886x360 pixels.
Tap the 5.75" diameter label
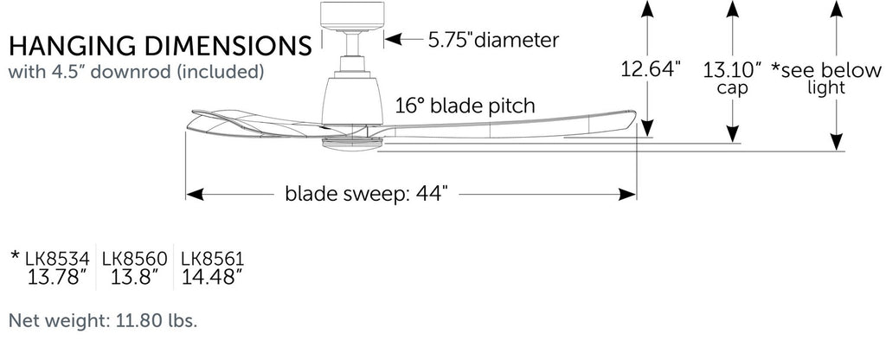tap(494, 39)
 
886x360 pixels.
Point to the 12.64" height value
tap(652, 68)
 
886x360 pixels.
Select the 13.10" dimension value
tap(732, 69)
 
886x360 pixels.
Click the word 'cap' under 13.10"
tap(732, 88)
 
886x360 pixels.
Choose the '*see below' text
tap(825, 69)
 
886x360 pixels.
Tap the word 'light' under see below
tap(826, 88)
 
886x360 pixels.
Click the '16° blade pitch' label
tap(465, 106)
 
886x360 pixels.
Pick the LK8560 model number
tap(134, 258)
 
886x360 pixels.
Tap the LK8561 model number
tap(212, 258)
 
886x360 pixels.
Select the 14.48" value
tap(212, 277)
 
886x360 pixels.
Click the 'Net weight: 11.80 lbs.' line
tap(103, 322)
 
